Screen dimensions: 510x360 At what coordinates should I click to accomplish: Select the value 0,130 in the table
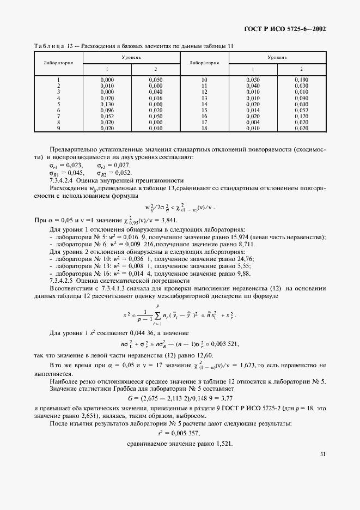(107, 104)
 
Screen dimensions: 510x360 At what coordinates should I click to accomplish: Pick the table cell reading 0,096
(107, 110)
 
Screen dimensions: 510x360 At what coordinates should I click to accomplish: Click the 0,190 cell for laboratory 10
(301, 80)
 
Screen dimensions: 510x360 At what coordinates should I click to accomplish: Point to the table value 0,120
(301, 116)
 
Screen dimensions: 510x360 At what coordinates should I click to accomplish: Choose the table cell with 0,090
(301, 98)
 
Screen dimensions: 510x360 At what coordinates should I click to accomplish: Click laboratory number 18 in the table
(204, 128)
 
